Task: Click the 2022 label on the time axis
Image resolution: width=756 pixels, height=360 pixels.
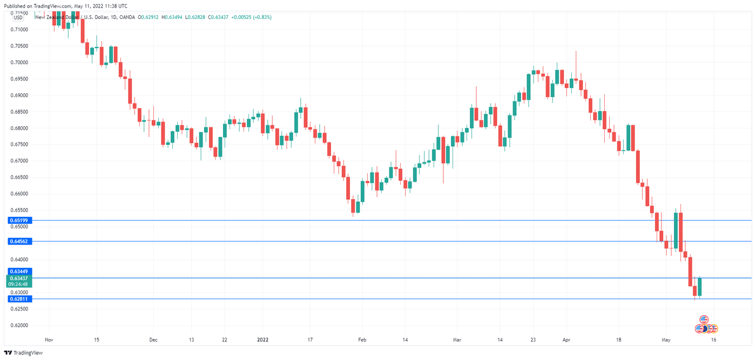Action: (x=262, y=340)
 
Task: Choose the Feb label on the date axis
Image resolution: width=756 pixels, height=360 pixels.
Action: (x=362, y=340)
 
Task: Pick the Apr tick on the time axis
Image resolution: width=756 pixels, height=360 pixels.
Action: (x=566, y=340)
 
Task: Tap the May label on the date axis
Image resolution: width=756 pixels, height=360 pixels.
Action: (x=666, y=340)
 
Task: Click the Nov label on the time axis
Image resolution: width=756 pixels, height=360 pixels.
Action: (x=49, y=340)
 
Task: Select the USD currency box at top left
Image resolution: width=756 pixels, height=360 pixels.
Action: (x=18, y=17)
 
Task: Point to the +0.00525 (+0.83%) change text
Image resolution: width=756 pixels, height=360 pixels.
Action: (x=252, y=17)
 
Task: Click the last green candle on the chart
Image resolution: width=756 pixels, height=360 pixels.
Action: (x=699, y=287)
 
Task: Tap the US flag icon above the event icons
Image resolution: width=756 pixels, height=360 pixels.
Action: (x=704, y=320)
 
